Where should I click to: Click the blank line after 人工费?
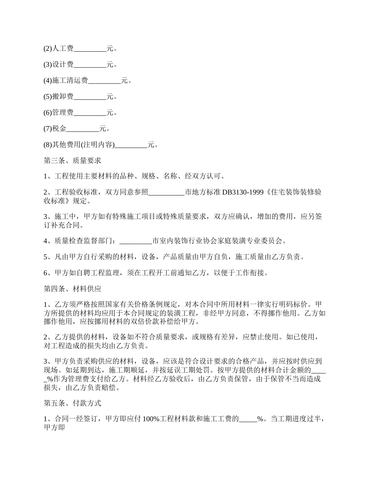[x=90, y=49]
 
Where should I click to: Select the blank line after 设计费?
[x=90, y=65]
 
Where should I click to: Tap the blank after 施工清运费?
[x=104, y=81]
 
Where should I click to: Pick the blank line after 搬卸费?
[x=90, y=97]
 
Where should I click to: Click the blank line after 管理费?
[x=90, y=113]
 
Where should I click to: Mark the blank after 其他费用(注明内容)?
[x=131, y=145]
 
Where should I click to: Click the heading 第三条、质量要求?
[x=73, y=160]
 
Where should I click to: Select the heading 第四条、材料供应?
[x=73, y=289]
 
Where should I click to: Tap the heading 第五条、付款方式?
[x=73, y=404]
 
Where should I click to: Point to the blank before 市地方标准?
[x=167, y=192]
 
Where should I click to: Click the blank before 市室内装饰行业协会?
[x=136, y=241]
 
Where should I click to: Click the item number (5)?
[x=47, y=97]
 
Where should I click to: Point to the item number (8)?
[x=47, y=145]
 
